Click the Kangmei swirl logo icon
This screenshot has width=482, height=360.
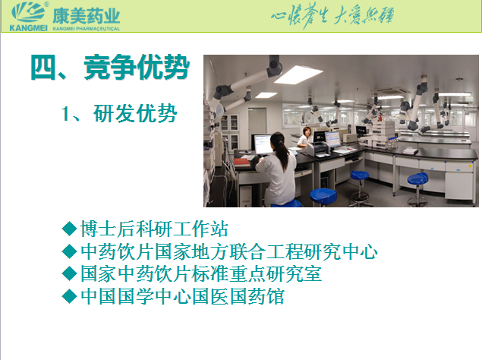coord(28,12)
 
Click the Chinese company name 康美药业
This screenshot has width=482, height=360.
coord(86,16)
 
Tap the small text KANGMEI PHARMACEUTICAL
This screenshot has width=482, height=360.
coord(86,29)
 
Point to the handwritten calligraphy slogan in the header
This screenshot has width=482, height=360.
coord(332,15)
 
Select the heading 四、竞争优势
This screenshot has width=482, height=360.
coord(110,67)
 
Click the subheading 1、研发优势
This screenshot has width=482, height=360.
coord(119,113)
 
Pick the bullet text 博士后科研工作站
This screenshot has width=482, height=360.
coord(154,229)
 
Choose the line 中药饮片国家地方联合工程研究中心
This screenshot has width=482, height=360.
coord(229,251)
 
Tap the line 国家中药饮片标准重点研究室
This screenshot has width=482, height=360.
coord(201,274)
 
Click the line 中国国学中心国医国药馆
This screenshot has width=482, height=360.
coord(182,296)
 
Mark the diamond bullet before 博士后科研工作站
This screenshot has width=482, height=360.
coord(69,229)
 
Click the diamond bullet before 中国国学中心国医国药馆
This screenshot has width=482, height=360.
coord(69,296)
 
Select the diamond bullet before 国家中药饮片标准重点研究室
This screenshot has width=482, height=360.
coord(69,274)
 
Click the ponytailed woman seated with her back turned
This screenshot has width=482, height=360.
coord(276,169)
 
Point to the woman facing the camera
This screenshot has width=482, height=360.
coord(305,136)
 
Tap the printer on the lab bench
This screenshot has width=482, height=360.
coord(318,148)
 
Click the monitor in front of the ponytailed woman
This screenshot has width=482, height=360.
coord(262,144)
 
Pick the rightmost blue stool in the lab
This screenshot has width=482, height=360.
coord(417,188)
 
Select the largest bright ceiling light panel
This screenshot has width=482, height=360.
coord(298,74)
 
